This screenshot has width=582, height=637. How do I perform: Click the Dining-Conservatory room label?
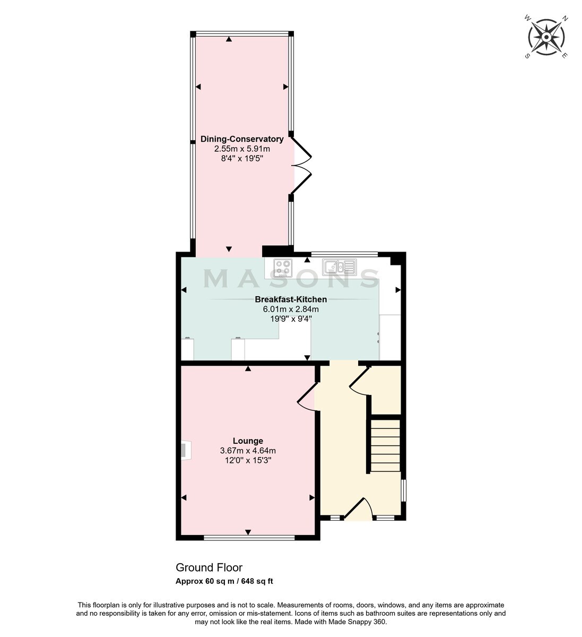coord(242,139)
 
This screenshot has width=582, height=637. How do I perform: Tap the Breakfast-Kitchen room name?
coord(291,299)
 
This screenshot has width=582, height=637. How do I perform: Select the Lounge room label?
coord(248,441)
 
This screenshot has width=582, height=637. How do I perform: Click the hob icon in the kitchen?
coord(283,268)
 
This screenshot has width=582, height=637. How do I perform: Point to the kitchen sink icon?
coord(340,266)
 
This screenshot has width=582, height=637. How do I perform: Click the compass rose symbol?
coord(546,37)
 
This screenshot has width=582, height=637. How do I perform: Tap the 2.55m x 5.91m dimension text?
coord(242,149)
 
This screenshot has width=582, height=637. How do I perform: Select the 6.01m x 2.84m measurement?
coord(291,309)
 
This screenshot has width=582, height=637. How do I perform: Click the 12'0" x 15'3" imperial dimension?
coord(248,460)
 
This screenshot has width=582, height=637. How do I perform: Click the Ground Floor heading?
coord(209,567)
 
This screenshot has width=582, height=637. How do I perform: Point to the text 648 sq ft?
coord(257,581)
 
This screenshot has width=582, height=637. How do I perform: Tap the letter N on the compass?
coord(565,19)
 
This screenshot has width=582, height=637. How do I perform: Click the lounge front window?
coord(249,538)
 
